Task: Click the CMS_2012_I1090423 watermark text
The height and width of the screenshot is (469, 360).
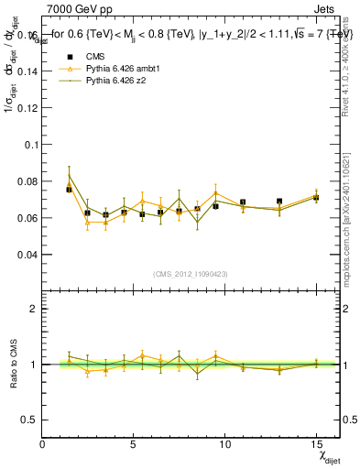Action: point(191,274)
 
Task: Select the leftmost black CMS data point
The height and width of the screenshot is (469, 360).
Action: point(69,190)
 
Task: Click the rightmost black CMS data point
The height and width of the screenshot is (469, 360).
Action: point(316,197)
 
